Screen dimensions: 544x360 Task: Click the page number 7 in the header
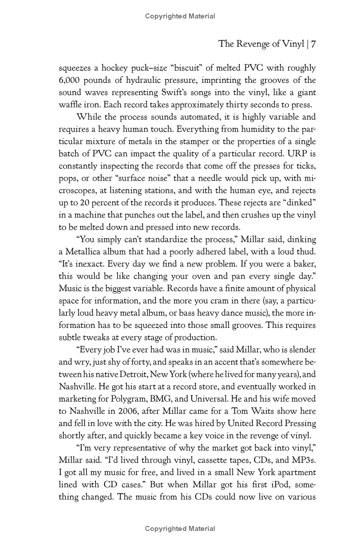pos(313,44)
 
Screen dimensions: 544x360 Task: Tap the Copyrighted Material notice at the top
pos(180,17)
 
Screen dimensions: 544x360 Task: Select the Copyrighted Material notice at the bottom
pos(180,529)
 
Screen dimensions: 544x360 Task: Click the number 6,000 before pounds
pos(71,80)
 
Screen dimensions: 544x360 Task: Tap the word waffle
pos(71,105)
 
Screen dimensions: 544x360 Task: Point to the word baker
pos(304,264)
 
